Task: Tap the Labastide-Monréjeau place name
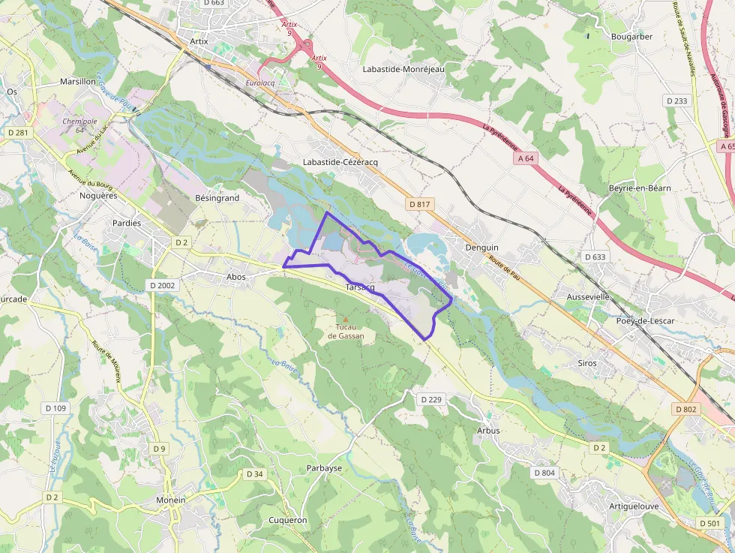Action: click(x=403, y=69)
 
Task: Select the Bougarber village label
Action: click(x=631, y=36)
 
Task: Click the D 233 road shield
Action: click(x=676, y=101)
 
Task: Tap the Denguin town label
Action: click(x=481, y=247)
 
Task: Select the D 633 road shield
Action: click(x=594, y=257)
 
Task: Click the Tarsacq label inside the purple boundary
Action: click(x=360, y=288)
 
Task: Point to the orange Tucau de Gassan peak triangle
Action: click(x=346, y=319)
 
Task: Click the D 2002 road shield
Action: click(x=162, y=285)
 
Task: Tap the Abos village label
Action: click(x=235, y=276)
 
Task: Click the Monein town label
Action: click(x=171, y=500)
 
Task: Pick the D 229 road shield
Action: click(x=431, y=399)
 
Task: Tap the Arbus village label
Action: click(x=488, y=431)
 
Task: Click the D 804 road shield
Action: click(x=545, y=473)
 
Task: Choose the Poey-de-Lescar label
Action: click(x=645, y=320)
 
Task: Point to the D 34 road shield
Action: click(x=255, y=473)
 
